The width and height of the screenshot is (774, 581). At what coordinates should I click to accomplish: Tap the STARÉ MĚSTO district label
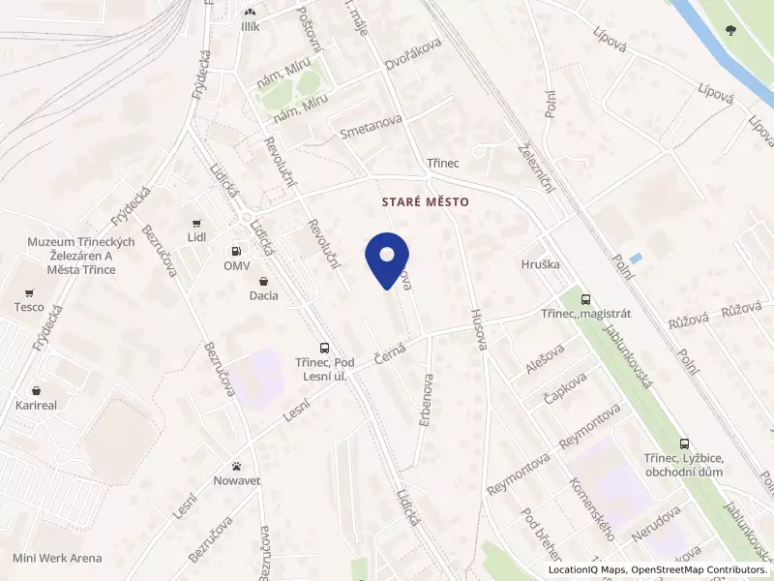pos(427,201)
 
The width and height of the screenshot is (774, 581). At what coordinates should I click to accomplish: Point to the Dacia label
pos(263,295)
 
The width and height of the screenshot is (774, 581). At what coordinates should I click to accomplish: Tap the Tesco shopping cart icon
pos(30,292)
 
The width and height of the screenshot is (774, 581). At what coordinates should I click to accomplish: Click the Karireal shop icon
pos(35,388)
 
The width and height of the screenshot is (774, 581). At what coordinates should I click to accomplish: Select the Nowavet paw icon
pos(237,465)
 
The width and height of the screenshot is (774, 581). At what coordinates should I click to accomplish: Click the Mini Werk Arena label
pos(57,559)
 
